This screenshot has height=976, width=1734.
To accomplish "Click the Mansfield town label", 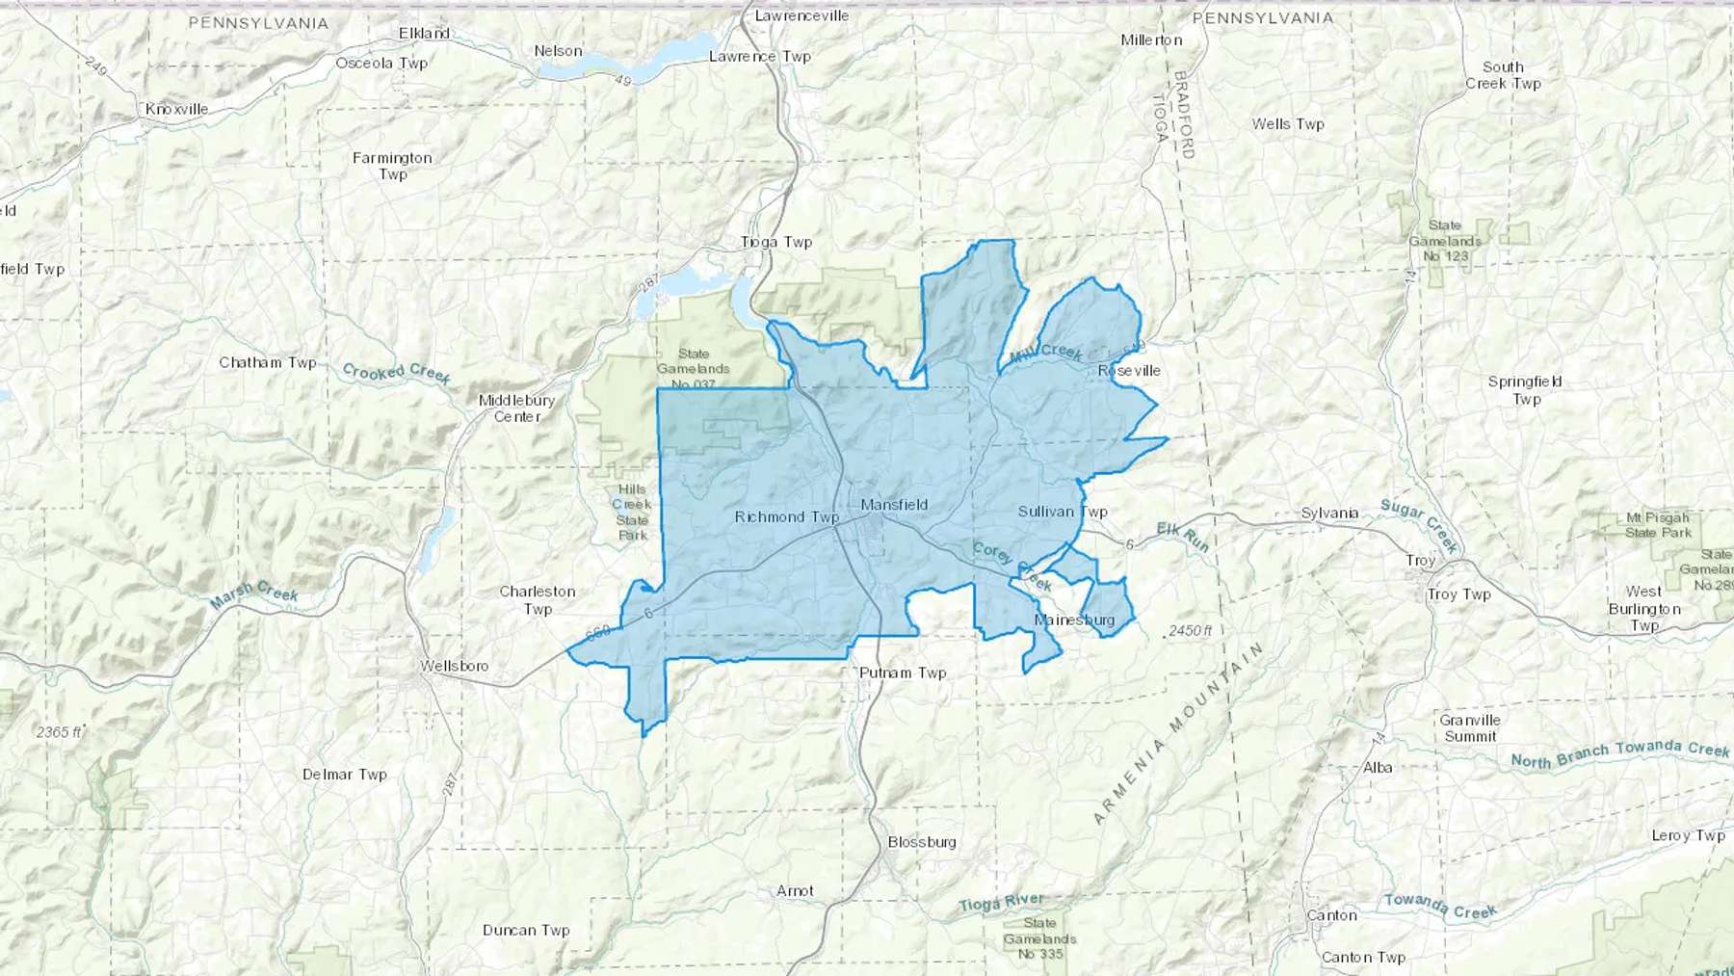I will coord(894,504).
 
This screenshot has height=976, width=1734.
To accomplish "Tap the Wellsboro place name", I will coord(454,666).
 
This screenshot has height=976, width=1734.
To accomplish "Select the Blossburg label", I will coord(922,842).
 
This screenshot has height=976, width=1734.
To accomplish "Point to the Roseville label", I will coord(1129,371).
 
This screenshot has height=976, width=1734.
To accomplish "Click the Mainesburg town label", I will coord(1074,620).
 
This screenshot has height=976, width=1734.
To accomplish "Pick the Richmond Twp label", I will coord(786,517).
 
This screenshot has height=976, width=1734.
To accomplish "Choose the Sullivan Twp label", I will coord(1063,512).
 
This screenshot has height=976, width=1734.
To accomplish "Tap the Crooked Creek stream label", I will coord(396,373).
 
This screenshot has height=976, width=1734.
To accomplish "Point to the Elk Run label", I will coord(1182,537).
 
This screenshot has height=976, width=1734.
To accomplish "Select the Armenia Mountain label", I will coord(1177,734).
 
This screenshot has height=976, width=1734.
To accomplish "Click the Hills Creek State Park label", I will coord(632,512).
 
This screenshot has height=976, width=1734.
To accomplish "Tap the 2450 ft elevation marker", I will coord(1190,630).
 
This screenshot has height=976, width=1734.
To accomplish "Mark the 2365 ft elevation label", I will coord(60,732).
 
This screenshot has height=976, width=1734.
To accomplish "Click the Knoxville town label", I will coord(176,109).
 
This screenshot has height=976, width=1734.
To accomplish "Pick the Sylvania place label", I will coord(1329,513).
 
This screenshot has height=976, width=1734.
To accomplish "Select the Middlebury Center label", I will coord(516,409).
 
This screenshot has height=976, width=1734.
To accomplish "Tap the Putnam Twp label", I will coord(903,673).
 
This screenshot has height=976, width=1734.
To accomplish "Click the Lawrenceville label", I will coord(801,15).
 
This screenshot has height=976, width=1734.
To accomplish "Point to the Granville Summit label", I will coord(1470,728).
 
